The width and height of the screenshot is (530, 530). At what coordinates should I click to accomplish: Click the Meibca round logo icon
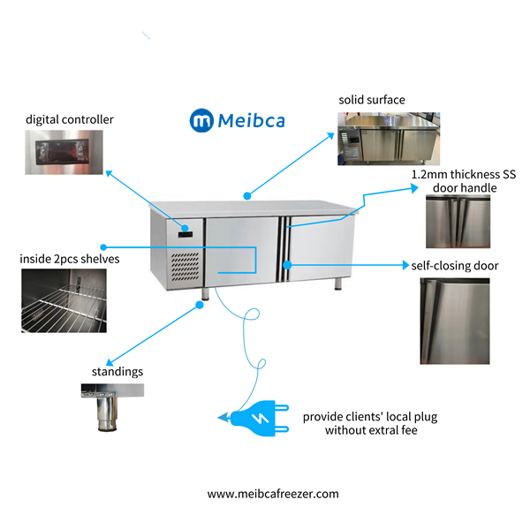(201, 120)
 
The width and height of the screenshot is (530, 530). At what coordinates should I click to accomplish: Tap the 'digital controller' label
(69, 119)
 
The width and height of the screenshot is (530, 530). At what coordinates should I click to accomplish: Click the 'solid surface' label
(371, 100)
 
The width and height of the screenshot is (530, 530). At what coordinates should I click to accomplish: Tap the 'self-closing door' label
(454, 265)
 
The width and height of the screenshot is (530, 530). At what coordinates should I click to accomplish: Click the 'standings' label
(117, 372)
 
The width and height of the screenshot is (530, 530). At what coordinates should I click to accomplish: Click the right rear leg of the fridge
(339, 283)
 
